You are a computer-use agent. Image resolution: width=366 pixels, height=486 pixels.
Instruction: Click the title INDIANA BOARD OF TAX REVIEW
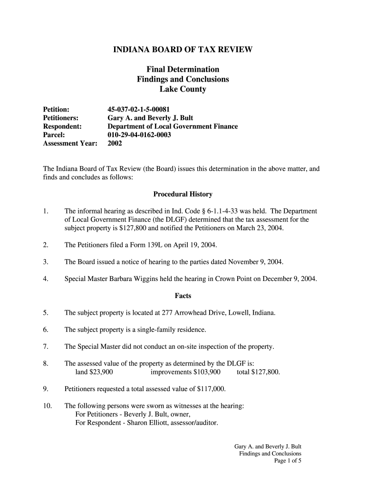183,49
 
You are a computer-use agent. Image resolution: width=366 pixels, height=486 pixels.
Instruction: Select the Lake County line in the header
183,89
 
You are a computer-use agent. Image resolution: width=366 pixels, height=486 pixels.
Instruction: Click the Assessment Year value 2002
115,143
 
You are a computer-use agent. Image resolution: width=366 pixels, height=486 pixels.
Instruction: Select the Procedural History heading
183,194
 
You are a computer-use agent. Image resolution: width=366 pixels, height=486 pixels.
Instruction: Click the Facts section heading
183,296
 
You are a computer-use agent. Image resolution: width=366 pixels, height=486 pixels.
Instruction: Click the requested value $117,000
211,389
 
